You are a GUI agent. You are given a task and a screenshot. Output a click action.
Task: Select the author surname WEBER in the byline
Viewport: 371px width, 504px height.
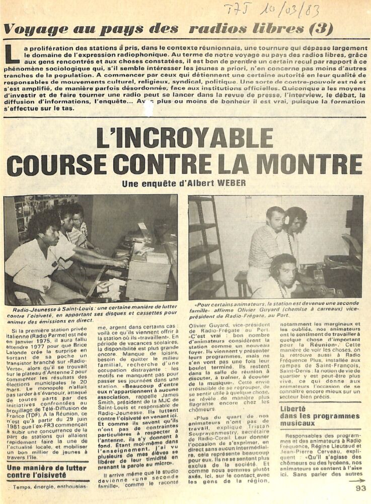pyautogui.click(x=232, y=184)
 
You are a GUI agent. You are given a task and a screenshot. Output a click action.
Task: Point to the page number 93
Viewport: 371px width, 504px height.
pyautogui.click(x=360, y=488)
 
